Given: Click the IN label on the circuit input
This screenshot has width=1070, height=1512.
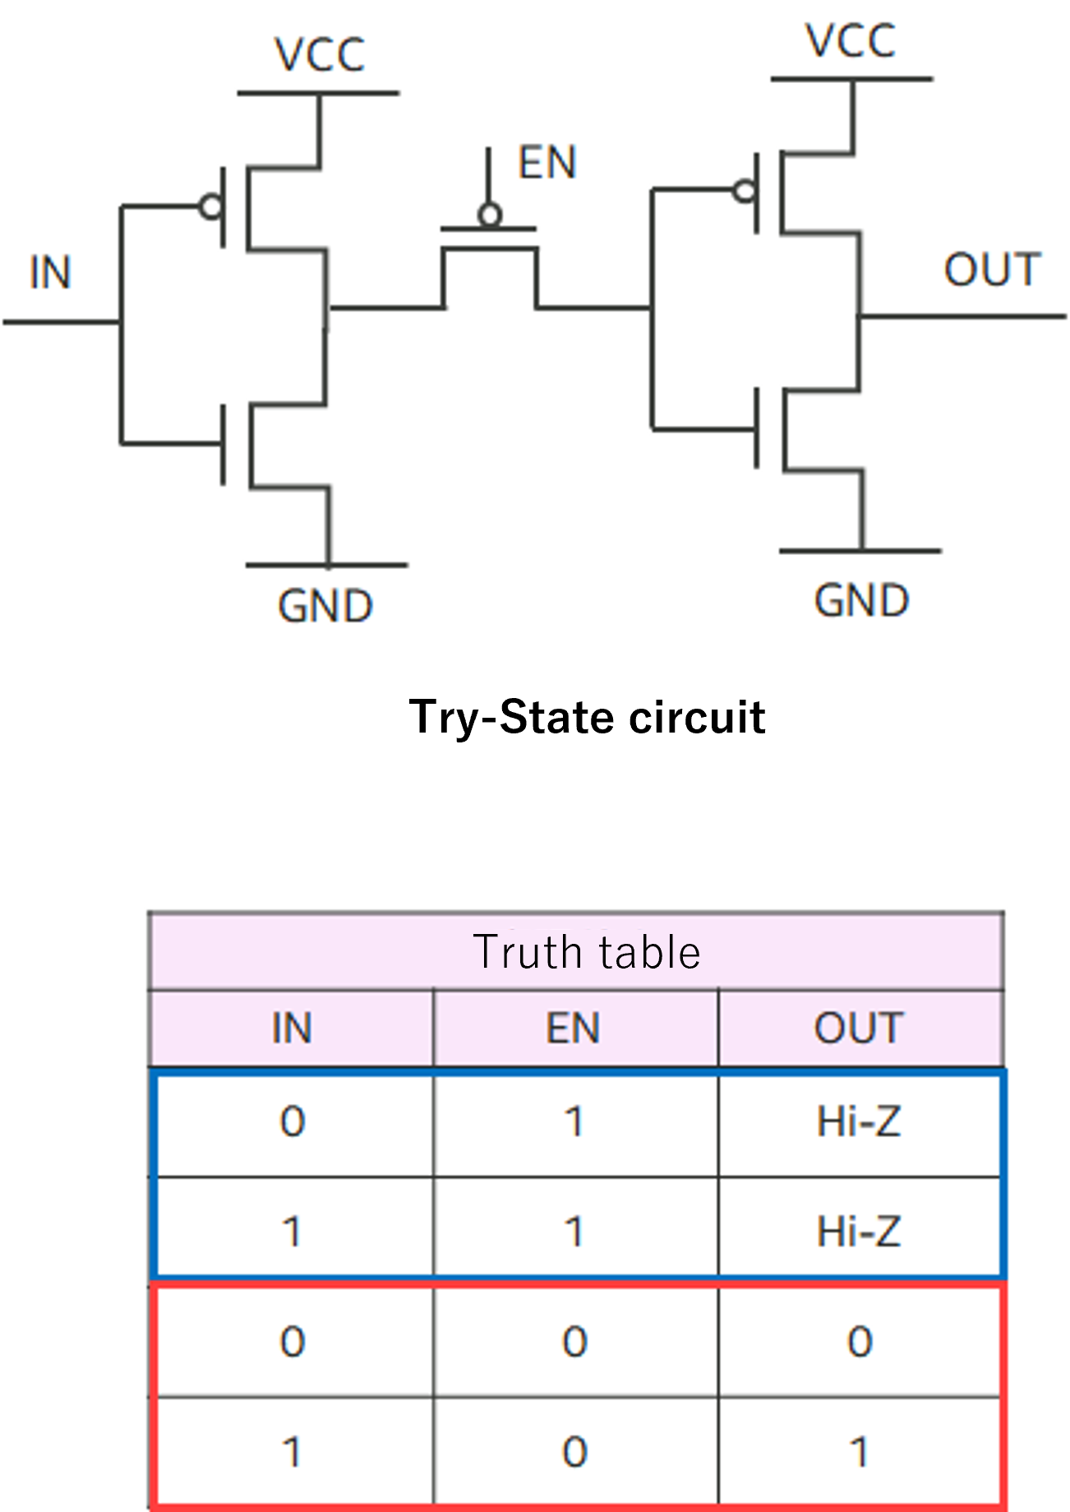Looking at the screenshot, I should coord(50,272).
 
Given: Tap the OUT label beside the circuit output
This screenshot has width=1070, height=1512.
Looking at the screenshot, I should coord(992,270).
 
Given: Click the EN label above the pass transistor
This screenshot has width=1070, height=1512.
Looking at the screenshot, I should coord(547,163).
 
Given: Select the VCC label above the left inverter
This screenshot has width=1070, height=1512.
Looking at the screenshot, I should coord(320,56).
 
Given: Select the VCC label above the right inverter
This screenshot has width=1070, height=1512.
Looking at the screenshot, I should coord(851,41).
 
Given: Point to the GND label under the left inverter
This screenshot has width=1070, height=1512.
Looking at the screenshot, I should coord(325,607).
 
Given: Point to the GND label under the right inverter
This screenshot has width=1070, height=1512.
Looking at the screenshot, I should coord(861,600).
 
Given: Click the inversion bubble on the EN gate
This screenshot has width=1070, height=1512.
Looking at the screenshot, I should coord(490,216).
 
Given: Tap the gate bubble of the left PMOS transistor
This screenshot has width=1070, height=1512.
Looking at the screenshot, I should coord(211,206).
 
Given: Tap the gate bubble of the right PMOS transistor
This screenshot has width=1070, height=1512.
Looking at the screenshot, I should coord(745,192).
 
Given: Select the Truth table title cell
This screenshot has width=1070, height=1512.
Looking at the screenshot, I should coord(586,952).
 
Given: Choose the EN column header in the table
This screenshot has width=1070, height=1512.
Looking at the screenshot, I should coord(574,1028).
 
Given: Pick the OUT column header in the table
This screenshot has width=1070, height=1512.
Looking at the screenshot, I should coord(859,1028).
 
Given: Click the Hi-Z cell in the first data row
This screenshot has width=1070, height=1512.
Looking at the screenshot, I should coord(859,1121).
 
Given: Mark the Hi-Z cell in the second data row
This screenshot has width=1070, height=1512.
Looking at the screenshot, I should coord(859,1231).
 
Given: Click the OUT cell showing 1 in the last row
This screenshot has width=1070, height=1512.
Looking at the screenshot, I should coord(859,1451).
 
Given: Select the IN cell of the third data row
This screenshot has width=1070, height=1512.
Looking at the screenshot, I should coord(293,1342).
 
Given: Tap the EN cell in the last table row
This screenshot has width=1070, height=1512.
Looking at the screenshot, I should coord(574,1451).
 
